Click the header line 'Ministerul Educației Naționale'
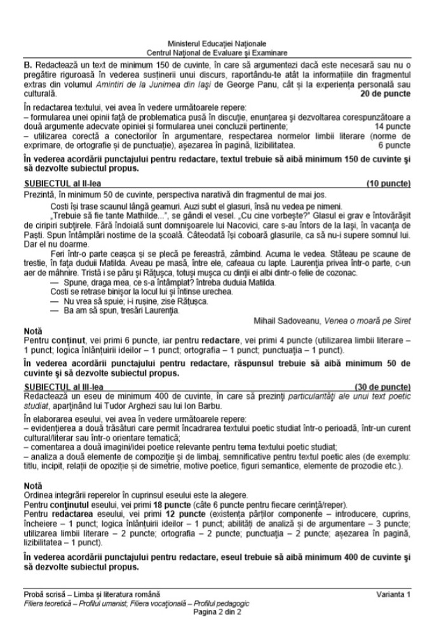[x=217, y=42]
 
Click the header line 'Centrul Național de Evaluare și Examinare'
[x=217, y=51]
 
